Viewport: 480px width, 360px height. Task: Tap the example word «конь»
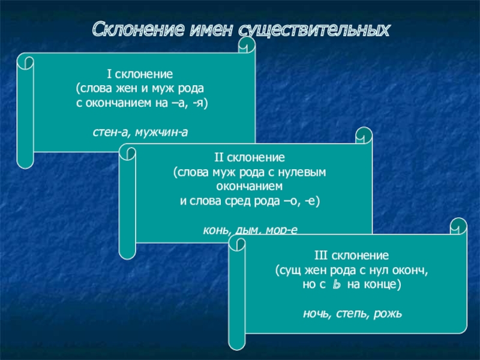coord(217,229)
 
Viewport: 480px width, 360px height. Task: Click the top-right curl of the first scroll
coord(247,45)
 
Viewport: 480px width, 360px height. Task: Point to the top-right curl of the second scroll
coord(364,135)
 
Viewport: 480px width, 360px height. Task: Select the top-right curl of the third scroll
coord(459,227)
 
